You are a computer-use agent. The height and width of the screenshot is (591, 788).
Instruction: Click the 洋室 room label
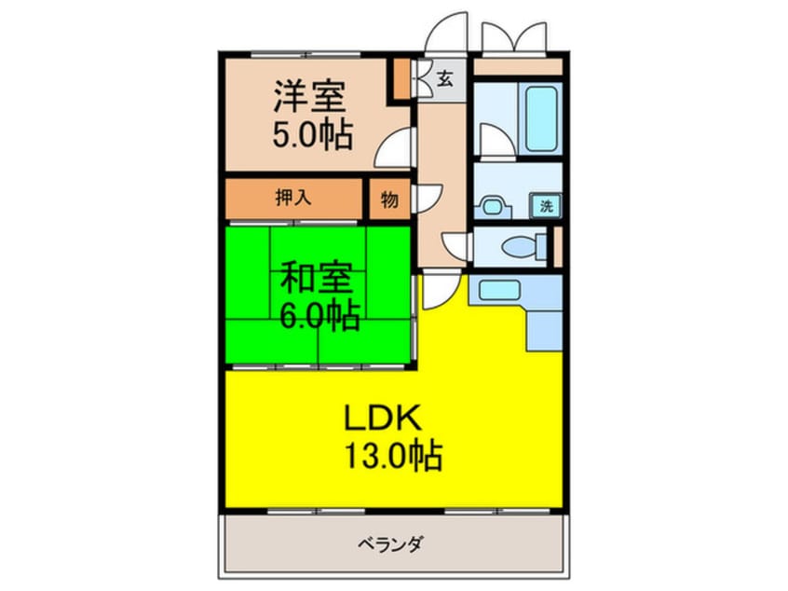[x=310, y=98]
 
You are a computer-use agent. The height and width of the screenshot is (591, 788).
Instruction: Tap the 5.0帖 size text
[x=312, y=137]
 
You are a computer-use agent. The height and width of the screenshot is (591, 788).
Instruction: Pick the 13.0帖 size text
[x=393, y=458]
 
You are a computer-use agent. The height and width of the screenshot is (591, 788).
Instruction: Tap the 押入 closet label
[x=292, y=198]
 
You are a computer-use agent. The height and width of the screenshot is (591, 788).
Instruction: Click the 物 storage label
[x=387, y=198]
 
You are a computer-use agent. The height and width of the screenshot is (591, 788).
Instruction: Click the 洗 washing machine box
[x=546, y=206]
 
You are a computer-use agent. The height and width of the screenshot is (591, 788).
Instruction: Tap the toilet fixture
[x=517, y=247]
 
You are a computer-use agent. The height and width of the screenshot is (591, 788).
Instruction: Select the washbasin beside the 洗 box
[x=494, y=204]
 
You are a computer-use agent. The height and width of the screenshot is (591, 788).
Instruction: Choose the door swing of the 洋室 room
[x=396, y=146]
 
